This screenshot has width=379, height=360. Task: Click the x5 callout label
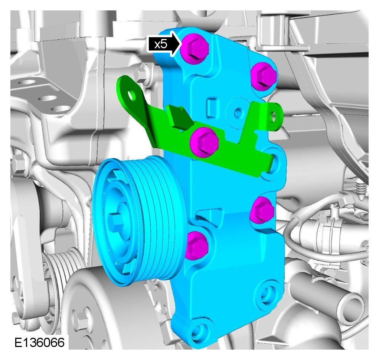coord(161,44)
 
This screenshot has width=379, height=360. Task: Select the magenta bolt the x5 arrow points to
coord(195,49)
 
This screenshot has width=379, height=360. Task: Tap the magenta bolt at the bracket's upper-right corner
coord(264,76)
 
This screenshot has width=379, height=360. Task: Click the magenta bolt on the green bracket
coord(204,142)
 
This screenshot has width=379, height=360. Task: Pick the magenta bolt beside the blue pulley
coord(196,245)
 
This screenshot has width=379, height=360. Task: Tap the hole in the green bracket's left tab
coord(132,95)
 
